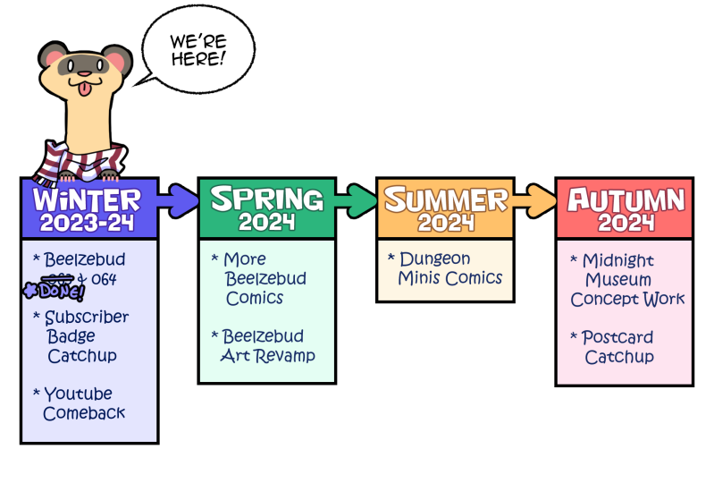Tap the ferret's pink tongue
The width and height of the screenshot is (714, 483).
pos(84,88)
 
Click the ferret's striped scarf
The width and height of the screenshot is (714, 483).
pos(63,162)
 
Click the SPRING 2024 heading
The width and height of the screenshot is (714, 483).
pos(267,208)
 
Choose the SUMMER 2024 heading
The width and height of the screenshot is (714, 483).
pos(445,208)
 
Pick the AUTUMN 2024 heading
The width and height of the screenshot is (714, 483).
pos(626,208)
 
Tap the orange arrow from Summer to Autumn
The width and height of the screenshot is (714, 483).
pos(534,199)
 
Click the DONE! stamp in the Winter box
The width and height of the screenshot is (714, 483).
pos(55,291)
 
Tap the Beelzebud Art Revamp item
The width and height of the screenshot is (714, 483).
pos(266,345)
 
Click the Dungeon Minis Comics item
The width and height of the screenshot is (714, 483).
pos(447,268)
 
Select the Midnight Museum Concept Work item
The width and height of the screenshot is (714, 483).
pos(627,279)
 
